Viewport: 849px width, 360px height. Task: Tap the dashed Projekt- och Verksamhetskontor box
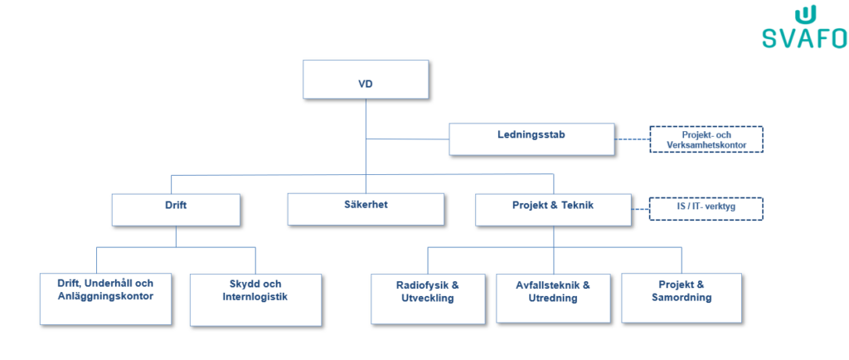pos(705,139)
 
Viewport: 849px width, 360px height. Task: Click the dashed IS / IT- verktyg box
pos(705,207)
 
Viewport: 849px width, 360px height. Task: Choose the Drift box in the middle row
pos(176,209)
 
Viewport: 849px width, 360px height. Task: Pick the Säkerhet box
pos(366,209)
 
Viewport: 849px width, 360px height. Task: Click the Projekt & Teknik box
pos(553,209)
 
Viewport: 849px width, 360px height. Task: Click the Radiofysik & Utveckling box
pos(427,297)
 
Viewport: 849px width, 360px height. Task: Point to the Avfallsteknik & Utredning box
pos(553,297)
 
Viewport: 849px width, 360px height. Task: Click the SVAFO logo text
pos(804,38)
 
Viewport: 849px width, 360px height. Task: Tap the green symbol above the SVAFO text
pos(804,15)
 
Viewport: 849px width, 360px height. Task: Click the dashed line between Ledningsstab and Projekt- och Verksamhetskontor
pos(632,139)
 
